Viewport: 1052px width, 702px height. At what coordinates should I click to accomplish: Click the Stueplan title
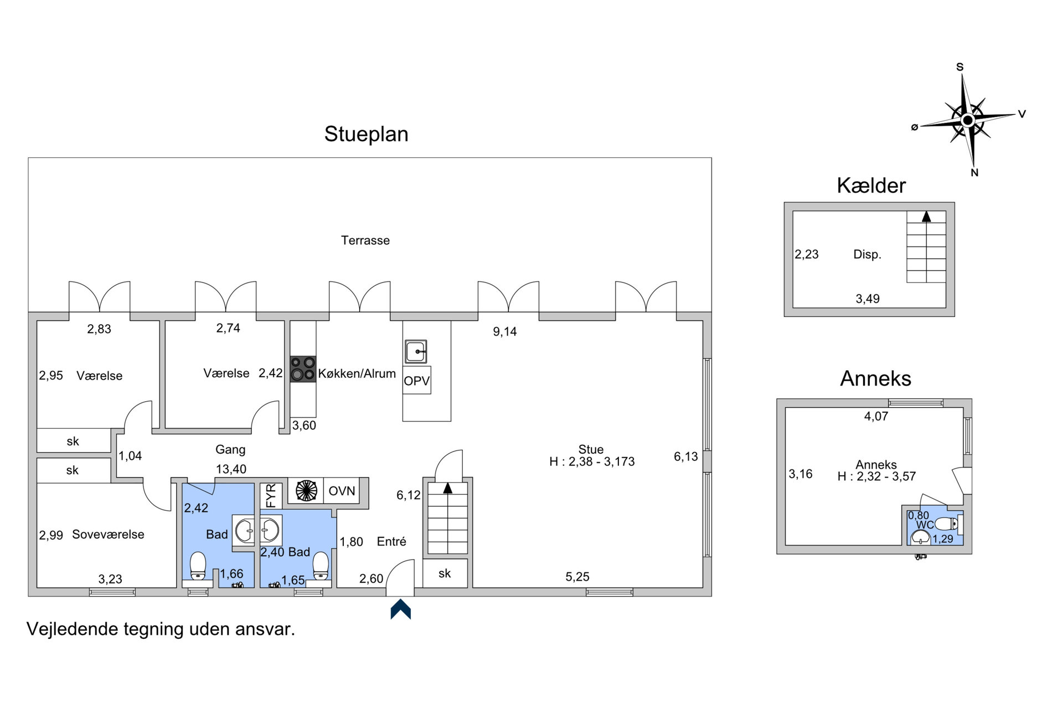click(x=366, y=135)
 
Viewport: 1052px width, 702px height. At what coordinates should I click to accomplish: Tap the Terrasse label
click(x=365, y=240)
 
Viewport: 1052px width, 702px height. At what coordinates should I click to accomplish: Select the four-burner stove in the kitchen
click(x=303, y=369)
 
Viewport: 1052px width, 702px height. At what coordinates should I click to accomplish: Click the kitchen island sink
click(x=416, y=351)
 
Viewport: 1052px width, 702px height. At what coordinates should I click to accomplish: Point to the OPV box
click(x=417, y=381)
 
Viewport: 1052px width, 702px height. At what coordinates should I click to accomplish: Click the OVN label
click(x=342, y=491)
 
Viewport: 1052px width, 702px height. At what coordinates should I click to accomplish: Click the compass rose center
click(x=967, y=120)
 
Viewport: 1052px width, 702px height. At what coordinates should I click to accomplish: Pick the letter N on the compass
click(x=974, y=173)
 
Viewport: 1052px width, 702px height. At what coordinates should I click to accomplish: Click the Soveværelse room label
click(x=109, y=535)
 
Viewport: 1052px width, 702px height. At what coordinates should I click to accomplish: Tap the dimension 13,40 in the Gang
click(x=231, y=469)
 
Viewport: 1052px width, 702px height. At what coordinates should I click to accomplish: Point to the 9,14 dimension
click(x=505, y=332)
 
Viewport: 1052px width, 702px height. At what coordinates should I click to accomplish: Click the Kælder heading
click(x=871, y=186)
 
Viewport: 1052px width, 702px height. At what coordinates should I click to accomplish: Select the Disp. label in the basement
click(x=867, y=255)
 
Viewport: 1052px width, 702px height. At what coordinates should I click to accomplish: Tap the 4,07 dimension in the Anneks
click(x=876, y=417)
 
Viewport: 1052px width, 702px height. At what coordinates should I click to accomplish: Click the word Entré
click(x=391, y=542)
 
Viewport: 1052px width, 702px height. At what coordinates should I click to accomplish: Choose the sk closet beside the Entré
click(x=445, y=573)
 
